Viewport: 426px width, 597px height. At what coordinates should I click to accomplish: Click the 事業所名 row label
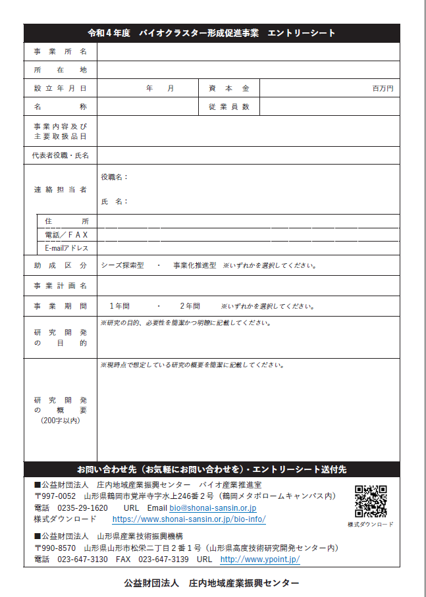pyautogui.click(x=60, y=51)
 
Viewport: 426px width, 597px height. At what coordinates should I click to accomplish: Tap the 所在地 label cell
pyautogui.click(x=60, y=70)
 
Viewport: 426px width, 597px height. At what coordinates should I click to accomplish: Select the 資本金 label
pyautogui.click(x=228, y=88)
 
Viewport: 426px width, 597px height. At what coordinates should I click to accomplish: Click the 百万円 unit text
pyautogui.click(x=383, y=88)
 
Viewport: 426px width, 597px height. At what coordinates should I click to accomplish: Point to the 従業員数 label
pyautogui.click(x=228, y=107)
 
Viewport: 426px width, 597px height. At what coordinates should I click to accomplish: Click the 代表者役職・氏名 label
pyautogui.click(x=60, y=155)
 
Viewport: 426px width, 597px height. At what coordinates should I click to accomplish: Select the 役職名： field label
pyautogui.click(x=115, y=177)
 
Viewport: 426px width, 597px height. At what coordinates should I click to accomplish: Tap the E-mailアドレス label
pyautogui.click(x=67, y=248)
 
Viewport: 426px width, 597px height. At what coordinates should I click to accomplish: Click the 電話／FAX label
pyautogui.click(x=67, y=234)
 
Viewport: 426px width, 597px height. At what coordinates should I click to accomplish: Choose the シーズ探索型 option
pyautogui.click(x=122, y=266)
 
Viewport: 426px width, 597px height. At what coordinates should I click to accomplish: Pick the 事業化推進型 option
pyautogui.click(x=194, y=266)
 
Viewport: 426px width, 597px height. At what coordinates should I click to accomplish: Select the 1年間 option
pyautogui.click(x=119, y=306)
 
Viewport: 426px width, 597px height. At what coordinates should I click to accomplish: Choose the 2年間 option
pyautogui.click(x=190, y=306)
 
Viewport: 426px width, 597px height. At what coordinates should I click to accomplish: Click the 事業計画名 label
pyautogui.click(x=60, y=286)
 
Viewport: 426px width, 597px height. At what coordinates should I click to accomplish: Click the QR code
pyautogui.click(x=371, y=502)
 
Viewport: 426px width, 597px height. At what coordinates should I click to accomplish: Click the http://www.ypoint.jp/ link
pyautogui.click(x=260, y=559)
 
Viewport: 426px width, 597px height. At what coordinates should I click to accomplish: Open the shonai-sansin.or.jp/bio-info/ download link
pyautogui.click(x=190, y=519)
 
